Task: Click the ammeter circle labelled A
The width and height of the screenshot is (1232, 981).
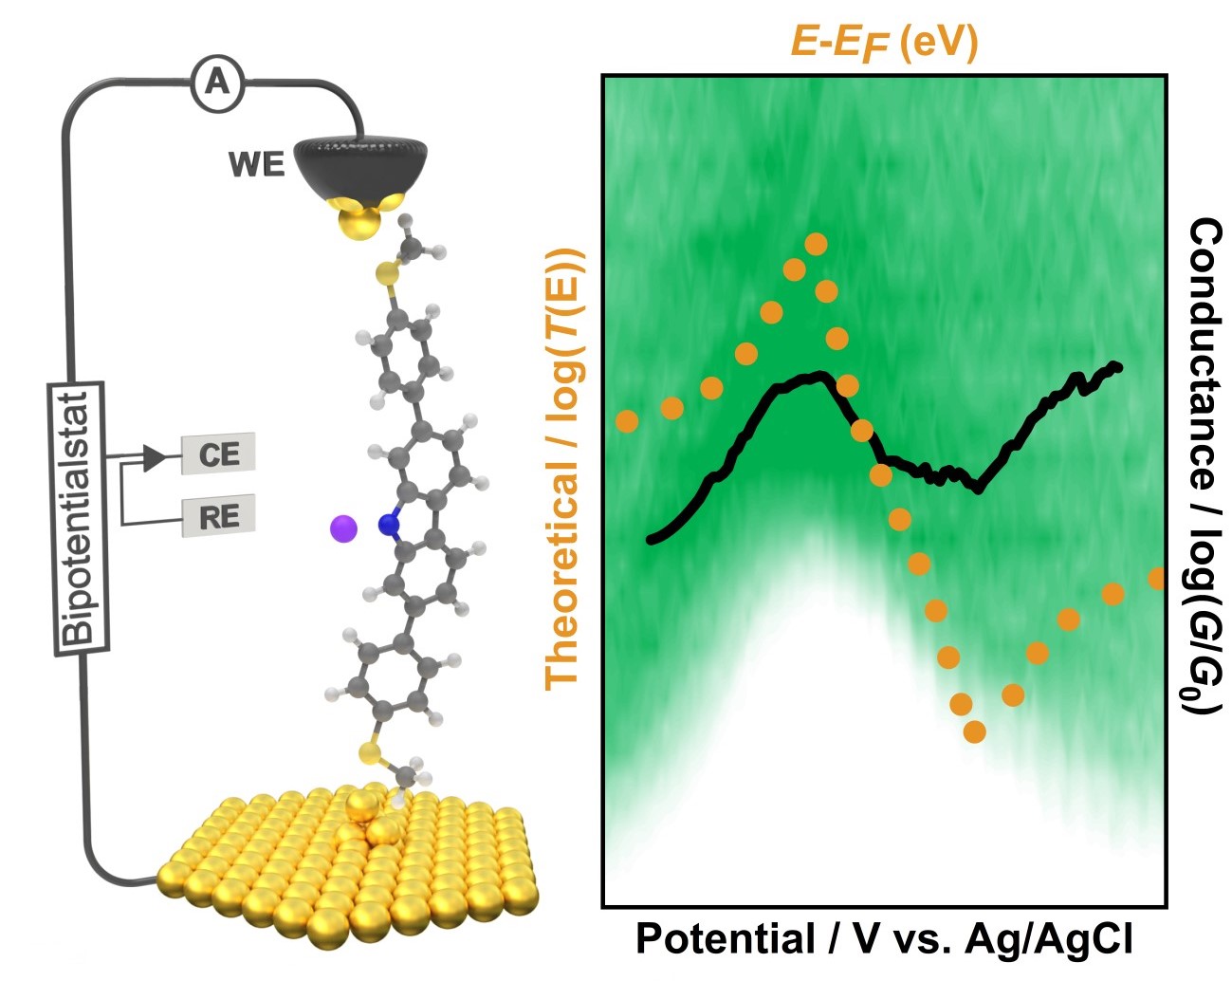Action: tap(217, 84)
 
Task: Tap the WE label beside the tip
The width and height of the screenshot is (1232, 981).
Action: tap(256, 164)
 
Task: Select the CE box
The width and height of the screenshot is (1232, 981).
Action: tap(219, 454)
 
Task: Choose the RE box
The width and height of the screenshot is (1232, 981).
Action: tap(219, 517)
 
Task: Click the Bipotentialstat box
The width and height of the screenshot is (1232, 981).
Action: tap(78, 517)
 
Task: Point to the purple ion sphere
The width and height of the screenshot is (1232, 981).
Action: tap(342, 528)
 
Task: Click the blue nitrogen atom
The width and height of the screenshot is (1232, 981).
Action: tap(387, 524)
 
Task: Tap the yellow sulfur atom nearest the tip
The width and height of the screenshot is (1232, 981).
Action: tap(386, 275)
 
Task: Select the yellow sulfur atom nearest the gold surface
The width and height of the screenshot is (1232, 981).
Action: tap(370, 755)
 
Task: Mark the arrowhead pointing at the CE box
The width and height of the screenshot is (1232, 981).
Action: tap(153, 459)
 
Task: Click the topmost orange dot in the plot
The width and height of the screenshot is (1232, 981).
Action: tap(816, 245)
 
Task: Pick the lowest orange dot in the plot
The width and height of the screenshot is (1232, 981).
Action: tap(974, 731)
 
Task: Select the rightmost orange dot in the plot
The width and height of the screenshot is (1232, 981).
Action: tap(1156, 578)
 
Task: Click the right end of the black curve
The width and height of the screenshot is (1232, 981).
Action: tap(1119, 366)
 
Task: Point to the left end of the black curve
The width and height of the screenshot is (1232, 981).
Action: tap(651, 540)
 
